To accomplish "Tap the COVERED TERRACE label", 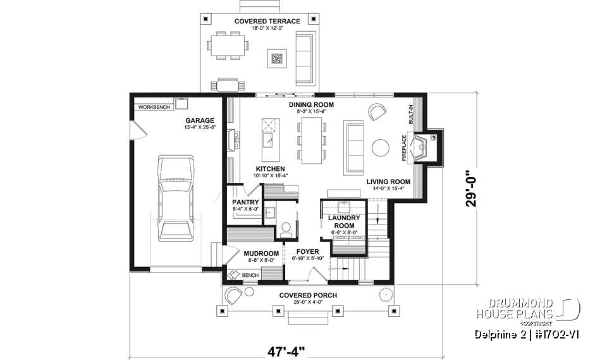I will click(x=267, y=21).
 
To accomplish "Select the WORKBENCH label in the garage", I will click(x=154, y=107).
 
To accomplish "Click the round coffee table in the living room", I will click(x=381, y=147).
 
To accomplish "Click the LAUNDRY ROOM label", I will click(x=344, y=221).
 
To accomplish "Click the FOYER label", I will click(x=308, y=251).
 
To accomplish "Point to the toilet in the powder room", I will click(x=285, y=226).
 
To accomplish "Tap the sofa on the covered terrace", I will click(x=304, y=50).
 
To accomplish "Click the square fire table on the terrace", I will click(x=276, y=59).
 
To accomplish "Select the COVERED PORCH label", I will click(x=308, y=295).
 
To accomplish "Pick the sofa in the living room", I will click(x=352, y=146).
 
